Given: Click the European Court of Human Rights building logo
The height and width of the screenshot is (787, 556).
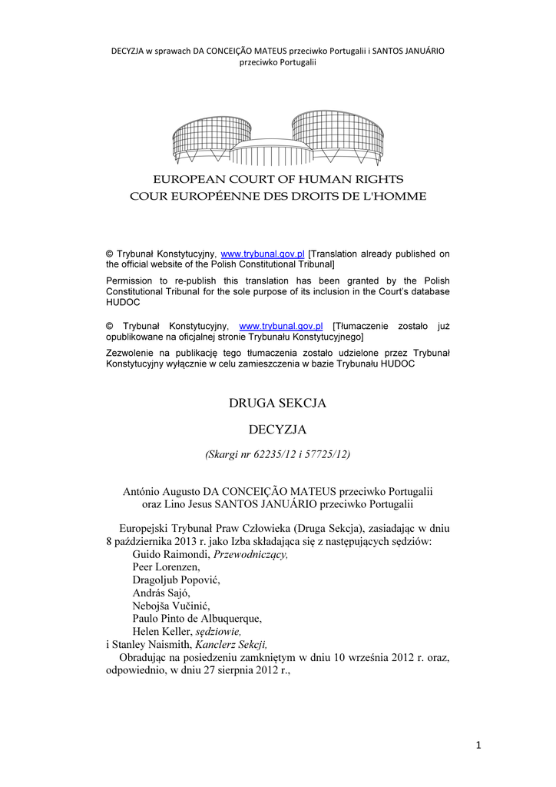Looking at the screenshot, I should pos(277,138).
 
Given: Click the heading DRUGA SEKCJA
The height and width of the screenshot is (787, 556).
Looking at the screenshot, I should pos(278,402).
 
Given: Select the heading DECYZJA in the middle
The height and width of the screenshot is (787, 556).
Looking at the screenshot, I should pos(278,428).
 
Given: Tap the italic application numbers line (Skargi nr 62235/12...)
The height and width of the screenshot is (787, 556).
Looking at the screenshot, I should pos(278,454).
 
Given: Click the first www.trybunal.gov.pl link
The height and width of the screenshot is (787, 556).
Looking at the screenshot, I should pos(263,254).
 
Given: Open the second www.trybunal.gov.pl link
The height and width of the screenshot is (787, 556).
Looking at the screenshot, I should pos(281,326).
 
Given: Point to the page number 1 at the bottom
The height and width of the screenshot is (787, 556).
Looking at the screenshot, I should pos(477,743).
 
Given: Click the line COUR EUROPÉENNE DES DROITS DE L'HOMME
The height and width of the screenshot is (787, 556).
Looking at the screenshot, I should pos(277,196).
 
